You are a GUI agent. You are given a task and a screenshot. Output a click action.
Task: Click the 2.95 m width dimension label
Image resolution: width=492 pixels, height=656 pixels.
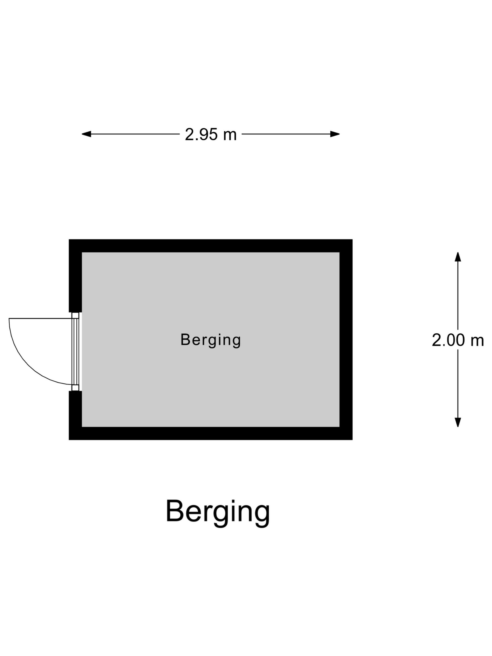pos(211,134)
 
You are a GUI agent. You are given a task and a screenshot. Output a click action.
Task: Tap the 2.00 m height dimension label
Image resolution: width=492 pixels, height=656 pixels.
pos(458,340)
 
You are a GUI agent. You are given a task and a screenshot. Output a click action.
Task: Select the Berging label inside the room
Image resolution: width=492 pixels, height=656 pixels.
pos(211,340)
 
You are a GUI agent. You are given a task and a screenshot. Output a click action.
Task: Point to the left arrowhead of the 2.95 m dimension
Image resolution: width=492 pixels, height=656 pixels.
pos(86,134)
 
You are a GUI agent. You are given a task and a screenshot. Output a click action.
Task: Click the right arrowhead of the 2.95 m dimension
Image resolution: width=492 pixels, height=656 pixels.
pos(335,134)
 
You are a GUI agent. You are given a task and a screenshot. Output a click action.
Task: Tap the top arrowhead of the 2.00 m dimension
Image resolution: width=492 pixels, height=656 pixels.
pos(458,257)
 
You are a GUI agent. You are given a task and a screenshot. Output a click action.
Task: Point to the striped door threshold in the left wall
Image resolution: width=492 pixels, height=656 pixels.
pos(75,352)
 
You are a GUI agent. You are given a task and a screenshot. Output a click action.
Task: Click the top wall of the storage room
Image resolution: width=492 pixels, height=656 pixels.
pos(211,246)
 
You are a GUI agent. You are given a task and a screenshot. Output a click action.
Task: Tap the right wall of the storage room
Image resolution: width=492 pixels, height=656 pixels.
pos(346,339)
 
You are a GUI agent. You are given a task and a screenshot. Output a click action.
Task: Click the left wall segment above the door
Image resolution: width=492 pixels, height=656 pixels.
pos(75,276)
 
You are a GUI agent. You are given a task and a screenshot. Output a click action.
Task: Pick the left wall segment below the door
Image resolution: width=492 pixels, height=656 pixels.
pos(75,415)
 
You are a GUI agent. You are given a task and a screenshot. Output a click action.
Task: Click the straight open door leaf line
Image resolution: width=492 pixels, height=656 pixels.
pos(40,318)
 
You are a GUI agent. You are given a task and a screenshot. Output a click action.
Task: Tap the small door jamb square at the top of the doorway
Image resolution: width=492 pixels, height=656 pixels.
pos(75,316)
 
